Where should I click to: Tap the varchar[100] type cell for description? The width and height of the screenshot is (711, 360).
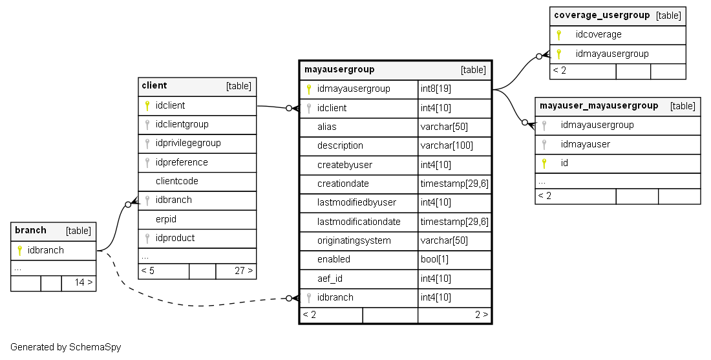[445, 146]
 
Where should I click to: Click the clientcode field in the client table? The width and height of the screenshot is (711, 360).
[176, 181]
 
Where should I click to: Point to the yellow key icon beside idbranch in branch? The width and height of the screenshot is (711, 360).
[19, 250]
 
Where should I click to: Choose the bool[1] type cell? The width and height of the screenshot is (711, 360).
[434, 259]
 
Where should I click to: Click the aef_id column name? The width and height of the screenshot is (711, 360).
[330, 279]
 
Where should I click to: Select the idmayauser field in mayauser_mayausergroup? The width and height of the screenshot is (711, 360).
[585, 144]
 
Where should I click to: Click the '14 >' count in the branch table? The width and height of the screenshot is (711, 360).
[83, 282]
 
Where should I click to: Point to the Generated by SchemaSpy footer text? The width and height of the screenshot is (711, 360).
[65, 347]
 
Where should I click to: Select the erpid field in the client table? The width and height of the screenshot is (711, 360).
[166, 219]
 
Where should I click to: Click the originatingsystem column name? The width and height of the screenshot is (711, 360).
[354, 240]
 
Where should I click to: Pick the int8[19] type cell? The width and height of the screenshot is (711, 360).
[436, 89]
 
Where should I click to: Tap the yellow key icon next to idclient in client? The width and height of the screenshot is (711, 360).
[147, 105]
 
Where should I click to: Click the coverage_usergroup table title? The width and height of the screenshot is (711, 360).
[602, 16]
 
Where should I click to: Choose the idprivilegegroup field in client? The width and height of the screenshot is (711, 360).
[188, 143]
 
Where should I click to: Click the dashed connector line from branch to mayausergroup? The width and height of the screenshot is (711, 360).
[194, 304]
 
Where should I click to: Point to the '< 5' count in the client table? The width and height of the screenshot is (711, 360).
[147, 271]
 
